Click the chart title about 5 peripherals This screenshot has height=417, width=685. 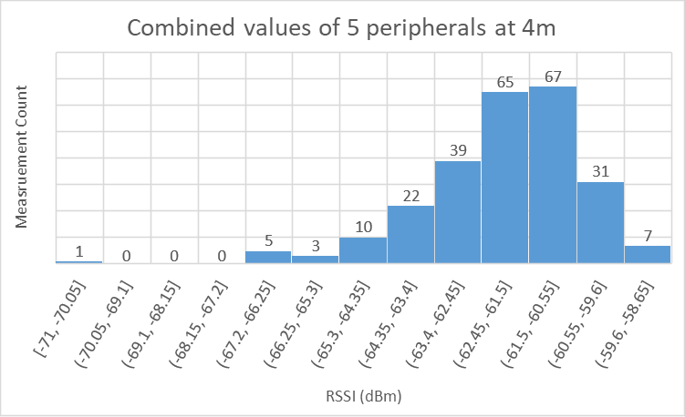[341, 27]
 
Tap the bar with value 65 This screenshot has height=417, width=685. [505, 178]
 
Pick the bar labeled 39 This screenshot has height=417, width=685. [458, 212]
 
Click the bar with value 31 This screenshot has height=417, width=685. [600, 223]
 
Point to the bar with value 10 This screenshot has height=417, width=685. [363, 250]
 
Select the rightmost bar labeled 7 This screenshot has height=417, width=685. [648, 254]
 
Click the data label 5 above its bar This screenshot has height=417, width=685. [268, 241]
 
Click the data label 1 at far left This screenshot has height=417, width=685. [79, 251]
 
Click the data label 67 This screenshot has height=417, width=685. [553, 76]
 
